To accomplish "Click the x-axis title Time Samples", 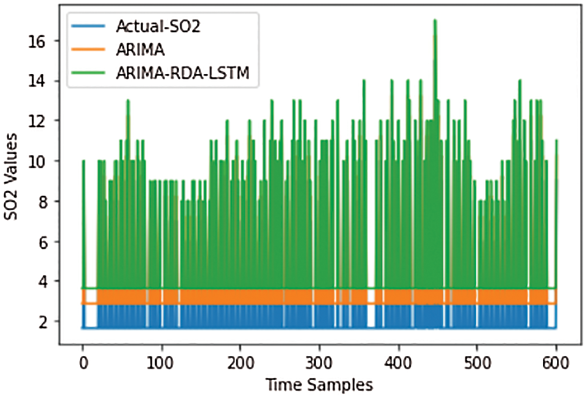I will point(319,385).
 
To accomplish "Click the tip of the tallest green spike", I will point(435,20).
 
